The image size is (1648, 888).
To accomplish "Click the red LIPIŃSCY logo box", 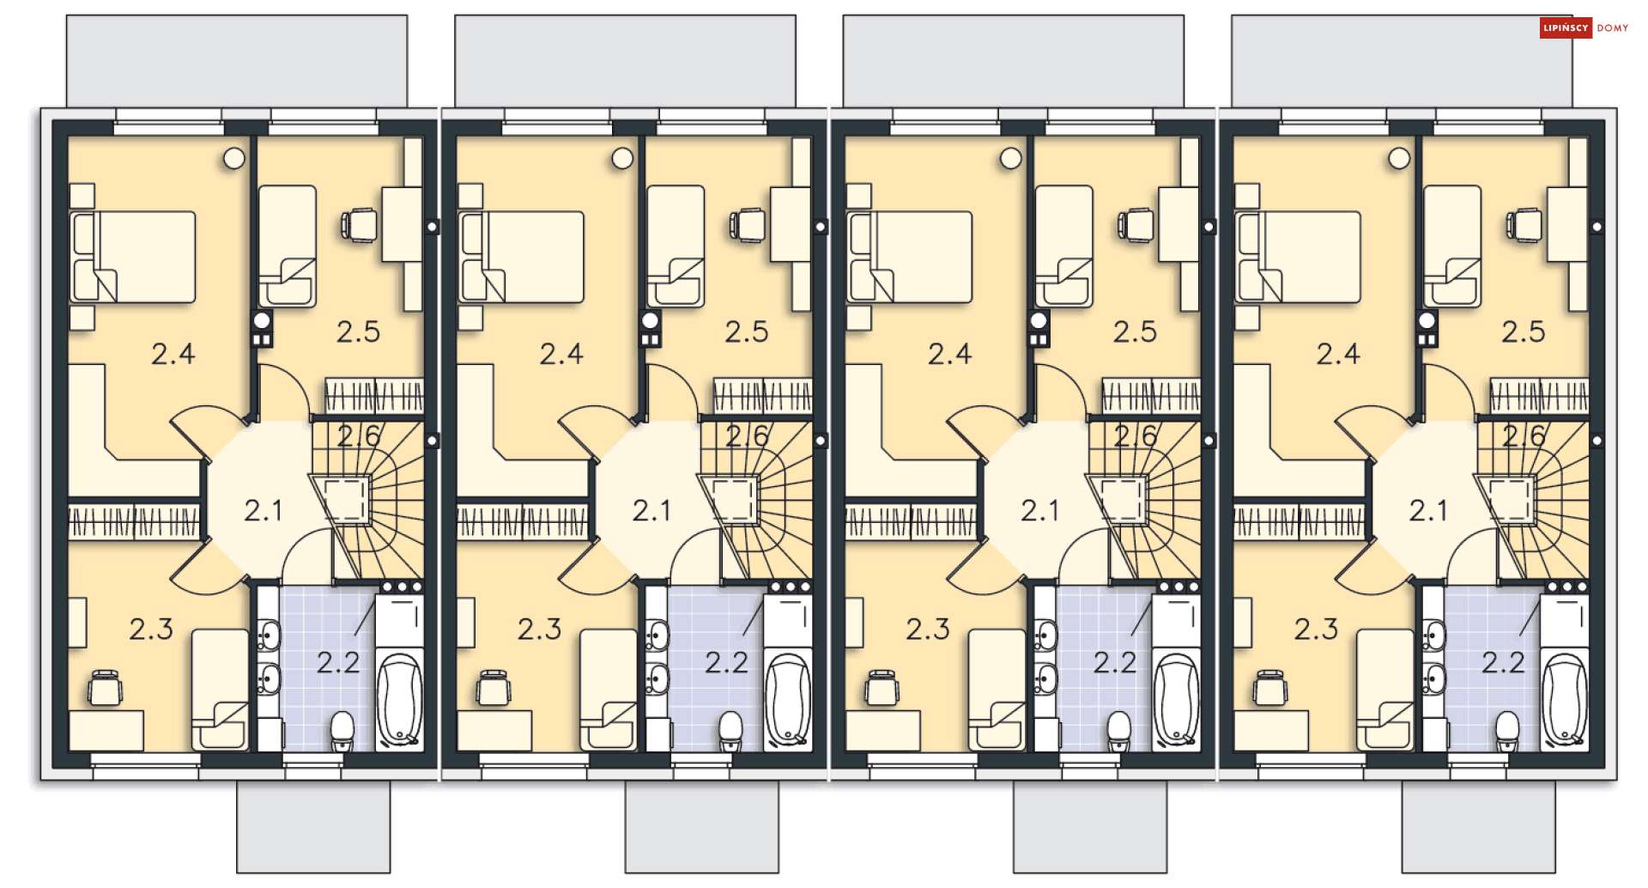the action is pyautogui.click(x=1566, y=28).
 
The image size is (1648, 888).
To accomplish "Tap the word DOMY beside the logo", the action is pyautogui.click(x=1613, y=28).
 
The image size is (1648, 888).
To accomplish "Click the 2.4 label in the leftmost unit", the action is pyautogui.click(x=173, y=354).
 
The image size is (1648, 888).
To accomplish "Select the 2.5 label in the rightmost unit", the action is pyautogui.click(x=1524, y=331).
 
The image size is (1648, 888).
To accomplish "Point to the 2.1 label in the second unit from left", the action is pyautogui.click(x=651, y=511).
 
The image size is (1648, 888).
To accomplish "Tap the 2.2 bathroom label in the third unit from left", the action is pyautogui.click(x=1115, y=662).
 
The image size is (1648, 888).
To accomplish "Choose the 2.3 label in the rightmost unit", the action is pyautogui.click(x=1317, y=630).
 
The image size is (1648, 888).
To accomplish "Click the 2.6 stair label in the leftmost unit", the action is pyautogui.click(x=359, y=436).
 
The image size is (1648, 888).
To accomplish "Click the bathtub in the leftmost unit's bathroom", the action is pyautogui.click(x=400, y=699).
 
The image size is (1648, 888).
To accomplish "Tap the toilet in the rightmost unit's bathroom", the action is pyautogui.click(x=1507, y=731).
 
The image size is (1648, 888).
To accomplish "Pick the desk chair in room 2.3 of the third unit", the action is pyautogui.click(x=882, y=688).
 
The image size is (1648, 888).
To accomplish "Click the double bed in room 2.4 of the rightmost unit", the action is pyautogui.click(x=1298, y=257).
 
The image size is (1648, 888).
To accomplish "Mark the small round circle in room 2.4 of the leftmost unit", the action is pyautogui.click(x=234, y=158).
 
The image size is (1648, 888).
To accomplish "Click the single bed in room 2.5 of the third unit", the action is pyautogui.click(x=1064, y=246).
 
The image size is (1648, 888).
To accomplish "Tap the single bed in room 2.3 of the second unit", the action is pyautogui.click(x=609, y=690).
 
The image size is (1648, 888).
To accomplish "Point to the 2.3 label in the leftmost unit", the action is pyautogui.click(x=151, y=630).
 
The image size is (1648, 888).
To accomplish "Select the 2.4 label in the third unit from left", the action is pyautogui.click(x=950, y=354).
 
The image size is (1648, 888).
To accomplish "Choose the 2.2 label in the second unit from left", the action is pyautogui.click(x=727, y=662).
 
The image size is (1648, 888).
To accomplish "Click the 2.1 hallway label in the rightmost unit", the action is pyautogui.click(x=1428, y=511).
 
